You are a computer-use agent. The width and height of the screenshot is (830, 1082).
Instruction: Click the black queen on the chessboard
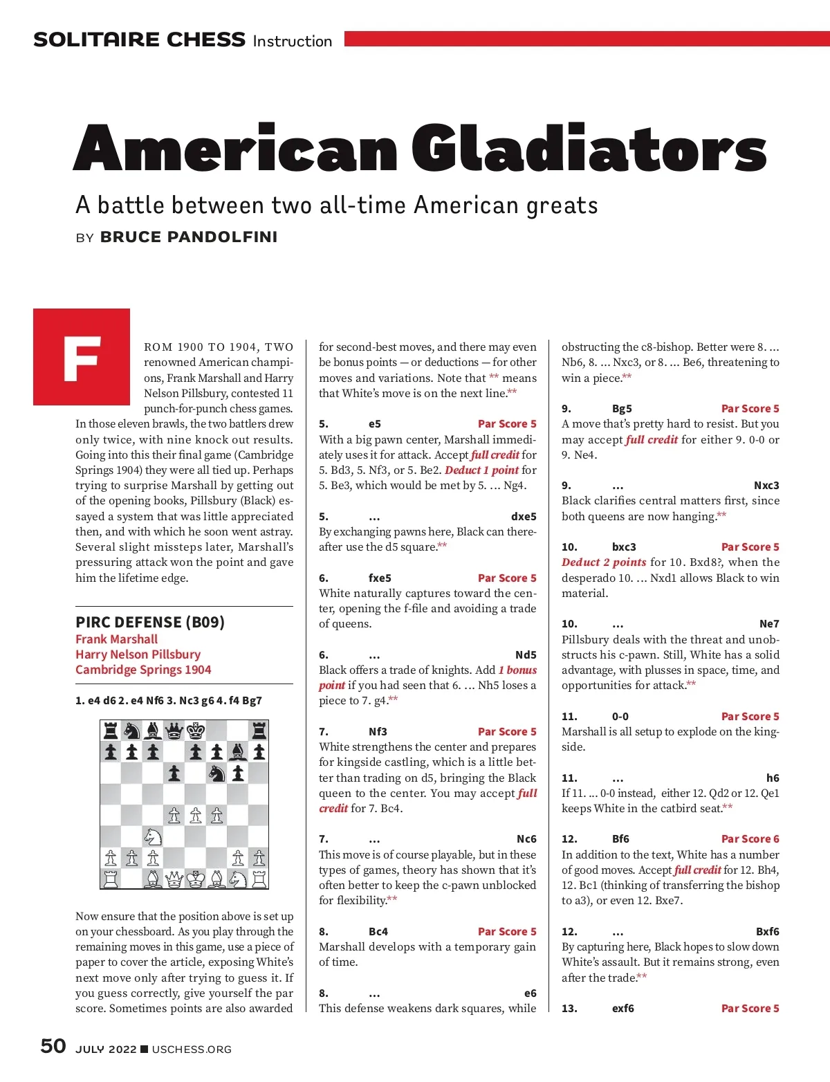(x=174, y=730)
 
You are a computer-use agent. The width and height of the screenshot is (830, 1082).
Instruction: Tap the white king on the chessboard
(x=196, y=879)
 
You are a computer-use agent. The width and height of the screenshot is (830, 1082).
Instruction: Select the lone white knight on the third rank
(x=153, y=837)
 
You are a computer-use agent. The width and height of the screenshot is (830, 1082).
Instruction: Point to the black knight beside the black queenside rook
(x=131, y=730)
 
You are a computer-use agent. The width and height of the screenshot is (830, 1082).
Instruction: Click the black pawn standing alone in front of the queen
(x=174, y=773)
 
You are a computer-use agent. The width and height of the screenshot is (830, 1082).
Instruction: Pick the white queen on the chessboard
(x=174, y=879)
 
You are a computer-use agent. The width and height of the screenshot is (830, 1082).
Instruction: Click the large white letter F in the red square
(x=82, y=358)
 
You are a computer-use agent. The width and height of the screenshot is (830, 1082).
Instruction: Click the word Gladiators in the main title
(x=589, y=148)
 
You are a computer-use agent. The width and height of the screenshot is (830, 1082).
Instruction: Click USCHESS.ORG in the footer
(x=192, y=1049)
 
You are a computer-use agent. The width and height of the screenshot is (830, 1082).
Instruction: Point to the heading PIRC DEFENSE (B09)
(x=150, y=622)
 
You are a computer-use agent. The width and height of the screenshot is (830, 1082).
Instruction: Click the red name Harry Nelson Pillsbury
(x=138, y=654)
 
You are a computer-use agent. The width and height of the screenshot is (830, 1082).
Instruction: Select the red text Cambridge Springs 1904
(x=143, y=670)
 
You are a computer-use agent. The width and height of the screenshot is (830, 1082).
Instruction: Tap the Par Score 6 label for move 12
(x=750, y=839)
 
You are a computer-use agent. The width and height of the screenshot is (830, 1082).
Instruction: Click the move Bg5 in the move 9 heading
(x=622, y=409)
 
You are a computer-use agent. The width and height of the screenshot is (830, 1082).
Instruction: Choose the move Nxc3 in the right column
(x=766, y=486)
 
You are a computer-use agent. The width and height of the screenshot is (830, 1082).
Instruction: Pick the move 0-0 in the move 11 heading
(x=620, y=717)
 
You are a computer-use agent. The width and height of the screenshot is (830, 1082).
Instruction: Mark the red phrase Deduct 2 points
(x=604, y=562)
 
